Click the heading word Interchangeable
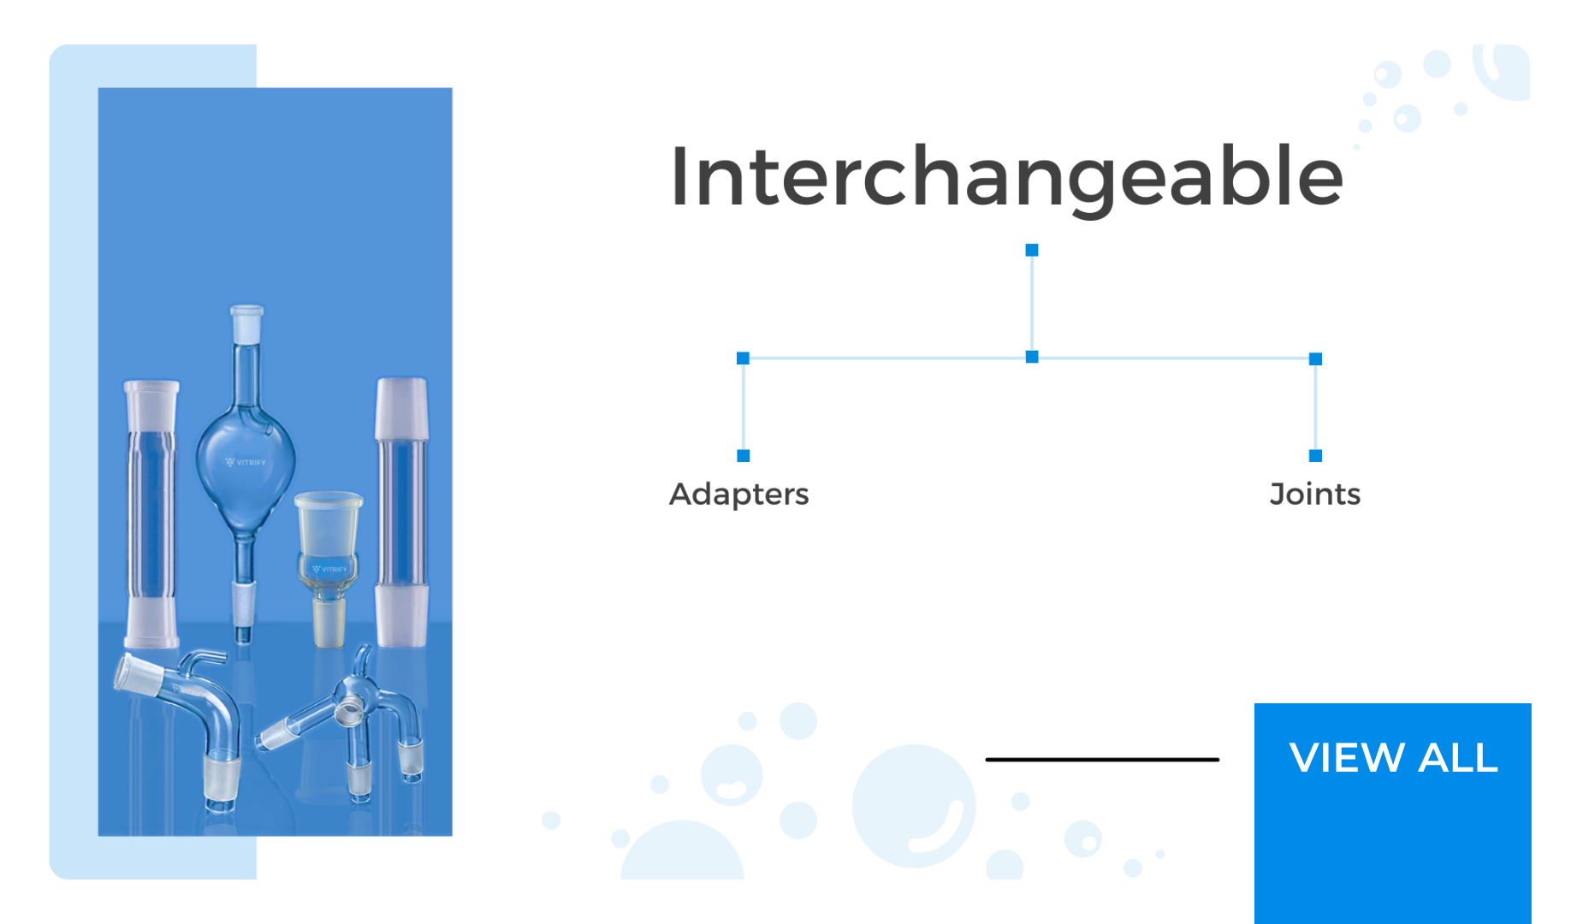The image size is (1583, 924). pyautogui.click(x=1006, y=178)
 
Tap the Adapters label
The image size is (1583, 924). pyautogui.click(x=739, y=495)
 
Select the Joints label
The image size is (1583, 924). pyautogui.click(x=1315, y=495)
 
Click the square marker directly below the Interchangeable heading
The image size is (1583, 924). pyautogui.click(x=1032, y=250)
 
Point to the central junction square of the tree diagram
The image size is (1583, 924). pyautogui.click(x=1032, y=357)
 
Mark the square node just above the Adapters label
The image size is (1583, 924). pyautogui.click(x=744, y=456)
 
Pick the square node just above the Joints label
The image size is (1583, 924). pyautogui.click(x=1316, y=456)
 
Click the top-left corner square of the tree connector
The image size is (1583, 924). pyautogui.click(x=744, y=358)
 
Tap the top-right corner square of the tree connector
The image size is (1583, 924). pyautogui.click(x=1316, y=359)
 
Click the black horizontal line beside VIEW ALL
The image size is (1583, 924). pyautogui.click(x=1102, y=759)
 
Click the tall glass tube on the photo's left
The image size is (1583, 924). pyautogui.click(x=152, y=513)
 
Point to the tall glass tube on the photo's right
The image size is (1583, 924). pyautogui.click(x=401, y=512)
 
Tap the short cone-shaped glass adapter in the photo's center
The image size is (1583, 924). pyautogui.click(x=329, y=568)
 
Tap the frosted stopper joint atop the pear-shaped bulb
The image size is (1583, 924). pyautogui.click(x=246, y=323)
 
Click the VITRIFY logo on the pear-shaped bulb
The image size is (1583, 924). pyautogui.click(x=246, y=462)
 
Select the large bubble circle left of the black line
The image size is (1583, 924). pyautogui.click(x=914, y=806)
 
